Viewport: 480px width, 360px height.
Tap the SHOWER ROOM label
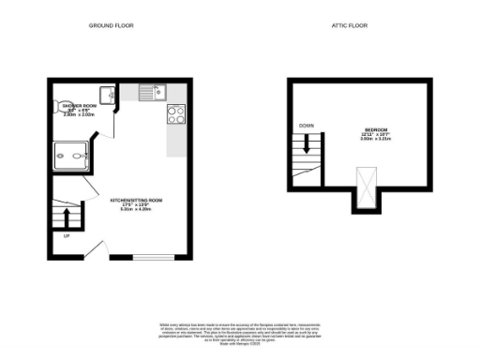tap(81, 106)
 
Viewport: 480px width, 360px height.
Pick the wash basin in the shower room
tap(108, 94)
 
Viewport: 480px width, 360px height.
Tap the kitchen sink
tap(151, 91)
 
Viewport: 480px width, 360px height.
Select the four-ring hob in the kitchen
tap(175, 114)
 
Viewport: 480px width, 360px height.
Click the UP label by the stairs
tap(67, 237)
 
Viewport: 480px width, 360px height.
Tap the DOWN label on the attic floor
tap(306, 125)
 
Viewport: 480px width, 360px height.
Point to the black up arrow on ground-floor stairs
tap(66, 218)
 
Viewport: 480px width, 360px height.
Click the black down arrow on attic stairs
tap(305, 144)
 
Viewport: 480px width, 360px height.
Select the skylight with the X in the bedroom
tap(363, 182)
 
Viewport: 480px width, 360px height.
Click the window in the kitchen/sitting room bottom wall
tap(153, 257)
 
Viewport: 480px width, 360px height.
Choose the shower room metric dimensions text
tap(81, 115)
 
